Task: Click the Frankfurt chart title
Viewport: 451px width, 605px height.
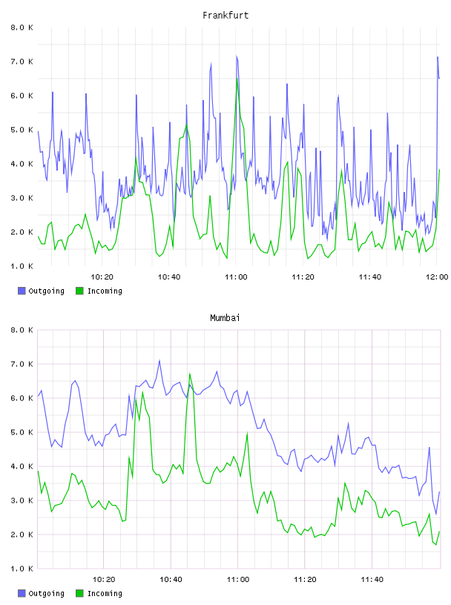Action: (225, 16)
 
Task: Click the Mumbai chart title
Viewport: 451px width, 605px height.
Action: (225, 318)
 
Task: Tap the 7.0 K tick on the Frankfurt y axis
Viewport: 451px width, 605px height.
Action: (22, 62)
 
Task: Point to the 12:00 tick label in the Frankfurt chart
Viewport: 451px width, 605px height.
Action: (437, 277)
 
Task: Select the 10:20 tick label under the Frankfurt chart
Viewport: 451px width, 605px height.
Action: (102, 277)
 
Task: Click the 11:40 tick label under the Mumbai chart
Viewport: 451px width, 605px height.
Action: (372, 580)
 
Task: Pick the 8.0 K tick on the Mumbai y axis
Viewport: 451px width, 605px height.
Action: (22, 330)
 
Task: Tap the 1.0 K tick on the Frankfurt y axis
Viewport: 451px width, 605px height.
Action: (22, 266)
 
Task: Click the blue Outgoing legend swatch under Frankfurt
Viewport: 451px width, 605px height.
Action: (22, 291)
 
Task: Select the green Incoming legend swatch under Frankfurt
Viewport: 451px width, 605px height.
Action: (79, 291)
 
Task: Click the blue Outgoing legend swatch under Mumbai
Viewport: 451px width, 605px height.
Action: (22, 593)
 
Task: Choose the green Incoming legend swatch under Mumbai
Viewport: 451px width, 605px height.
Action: (79, 593)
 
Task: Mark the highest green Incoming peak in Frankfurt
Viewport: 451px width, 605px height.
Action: (237, 79)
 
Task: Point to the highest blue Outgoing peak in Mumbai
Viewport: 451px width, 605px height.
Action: (159, 360)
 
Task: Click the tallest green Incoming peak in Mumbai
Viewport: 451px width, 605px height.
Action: (190, 374)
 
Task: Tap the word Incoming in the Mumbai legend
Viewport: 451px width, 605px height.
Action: (105, 593)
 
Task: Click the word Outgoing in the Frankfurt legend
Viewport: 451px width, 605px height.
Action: (46, 291)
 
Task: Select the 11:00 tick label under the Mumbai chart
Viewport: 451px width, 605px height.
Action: (238, 580)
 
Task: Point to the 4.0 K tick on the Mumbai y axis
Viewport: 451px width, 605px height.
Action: (22, 466)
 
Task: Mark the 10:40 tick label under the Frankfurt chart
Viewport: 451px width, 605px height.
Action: (169, 277)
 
